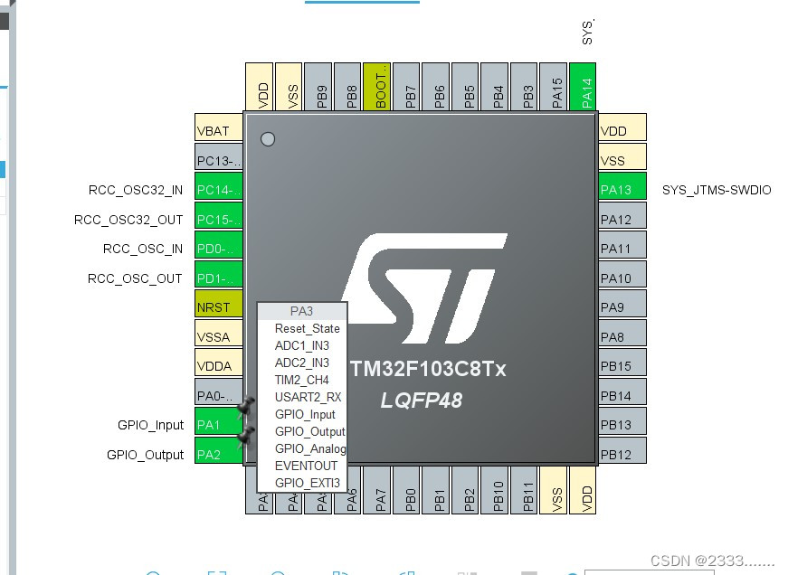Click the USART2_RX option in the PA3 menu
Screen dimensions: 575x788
point(308,397)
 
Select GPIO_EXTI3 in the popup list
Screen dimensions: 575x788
point(308,483)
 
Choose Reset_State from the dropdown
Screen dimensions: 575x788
point(308,328)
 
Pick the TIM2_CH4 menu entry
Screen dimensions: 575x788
point(302,380)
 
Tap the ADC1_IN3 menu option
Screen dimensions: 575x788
point(302,345)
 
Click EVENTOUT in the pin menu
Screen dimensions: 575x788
point(306,466)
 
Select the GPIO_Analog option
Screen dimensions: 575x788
point(310,448)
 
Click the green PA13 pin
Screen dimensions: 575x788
point(622,190)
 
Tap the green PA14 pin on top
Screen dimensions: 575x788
point(584,87)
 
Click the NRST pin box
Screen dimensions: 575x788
point(219,307)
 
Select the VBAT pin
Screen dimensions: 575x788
point(219,131)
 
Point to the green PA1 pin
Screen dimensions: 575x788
point(219,425)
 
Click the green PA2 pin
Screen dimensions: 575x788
point(219,455)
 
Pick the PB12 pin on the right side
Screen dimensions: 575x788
point(622,455)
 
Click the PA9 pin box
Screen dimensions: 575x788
point(622,307)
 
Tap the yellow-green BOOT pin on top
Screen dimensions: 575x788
point(378,87)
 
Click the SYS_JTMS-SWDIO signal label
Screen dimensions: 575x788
point(717,190)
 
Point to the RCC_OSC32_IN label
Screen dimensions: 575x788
point(136,190)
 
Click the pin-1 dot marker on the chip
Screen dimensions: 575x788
point(268,139)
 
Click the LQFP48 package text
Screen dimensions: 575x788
point(422,400)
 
